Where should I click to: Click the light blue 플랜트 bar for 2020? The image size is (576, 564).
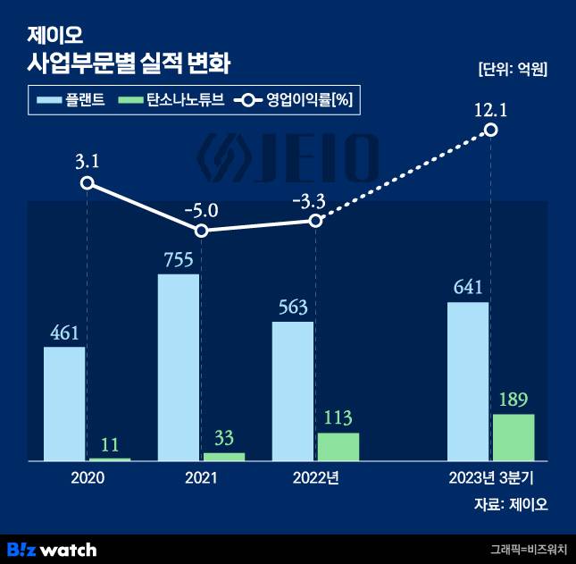(64, 403)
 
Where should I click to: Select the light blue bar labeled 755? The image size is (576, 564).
(179, 367)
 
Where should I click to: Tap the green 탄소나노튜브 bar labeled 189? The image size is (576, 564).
(513, 437)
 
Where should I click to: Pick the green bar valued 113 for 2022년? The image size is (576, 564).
(338, 447)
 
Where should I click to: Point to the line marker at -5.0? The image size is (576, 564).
(202, 231)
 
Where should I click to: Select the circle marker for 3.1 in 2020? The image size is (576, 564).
(87, 182)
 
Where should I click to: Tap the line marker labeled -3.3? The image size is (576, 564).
(315, 220)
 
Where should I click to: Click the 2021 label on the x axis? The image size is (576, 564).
(202, 478)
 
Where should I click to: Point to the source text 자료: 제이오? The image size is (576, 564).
(511, 504)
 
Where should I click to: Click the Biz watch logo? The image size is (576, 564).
(52, 548)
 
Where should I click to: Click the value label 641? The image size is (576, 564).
(468, 287)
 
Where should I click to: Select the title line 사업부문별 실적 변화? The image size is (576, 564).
(129, 63)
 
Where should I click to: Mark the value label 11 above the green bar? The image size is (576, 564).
(110, 442)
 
